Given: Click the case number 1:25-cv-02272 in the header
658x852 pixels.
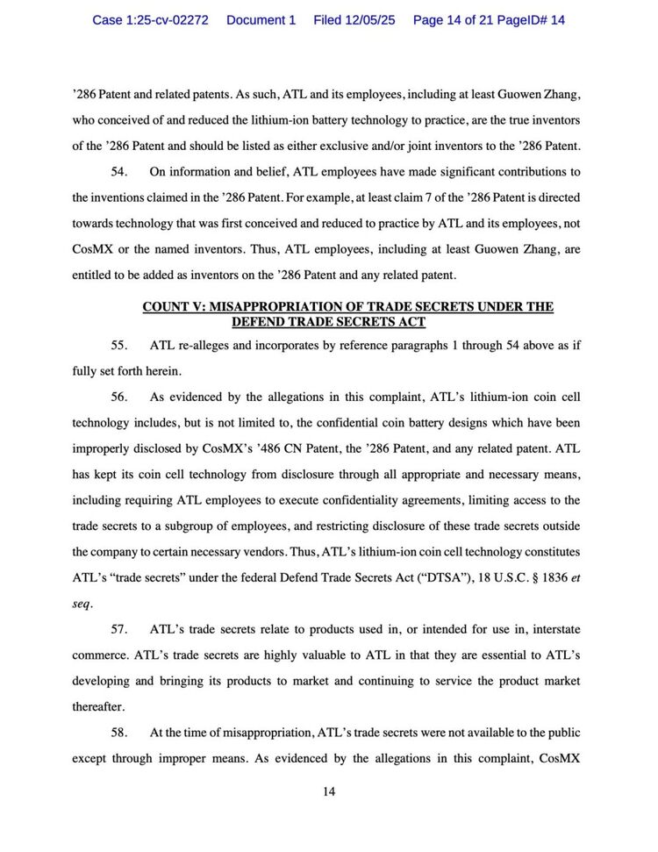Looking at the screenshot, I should coord(150,19).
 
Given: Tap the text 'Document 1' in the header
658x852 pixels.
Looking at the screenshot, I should coord(261,19).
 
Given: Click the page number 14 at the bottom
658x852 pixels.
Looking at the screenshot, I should coord(329,791).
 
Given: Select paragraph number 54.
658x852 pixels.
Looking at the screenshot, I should coord(121,172).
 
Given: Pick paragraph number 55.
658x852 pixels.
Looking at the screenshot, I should coord(121,345).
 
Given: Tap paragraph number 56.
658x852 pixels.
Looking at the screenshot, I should coord(121,397).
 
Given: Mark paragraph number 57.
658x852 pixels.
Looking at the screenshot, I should coord(121,630).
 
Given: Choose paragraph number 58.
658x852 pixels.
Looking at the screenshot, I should coord(121,733).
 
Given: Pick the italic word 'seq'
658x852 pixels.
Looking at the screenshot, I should coord(82,605).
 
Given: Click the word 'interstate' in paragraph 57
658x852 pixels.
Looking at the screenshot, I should coord(550,630).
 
